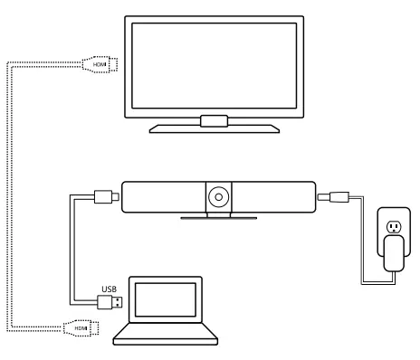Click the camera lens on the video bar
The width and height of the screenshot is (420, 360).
pyautogui.click(x=218, y=194)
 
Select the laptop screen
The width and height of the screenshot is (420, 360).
pyautogui.click(x=165, y=303)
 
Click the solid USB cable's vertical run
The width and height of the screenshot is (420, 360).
pyautogui.click(x=70, y=253)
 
